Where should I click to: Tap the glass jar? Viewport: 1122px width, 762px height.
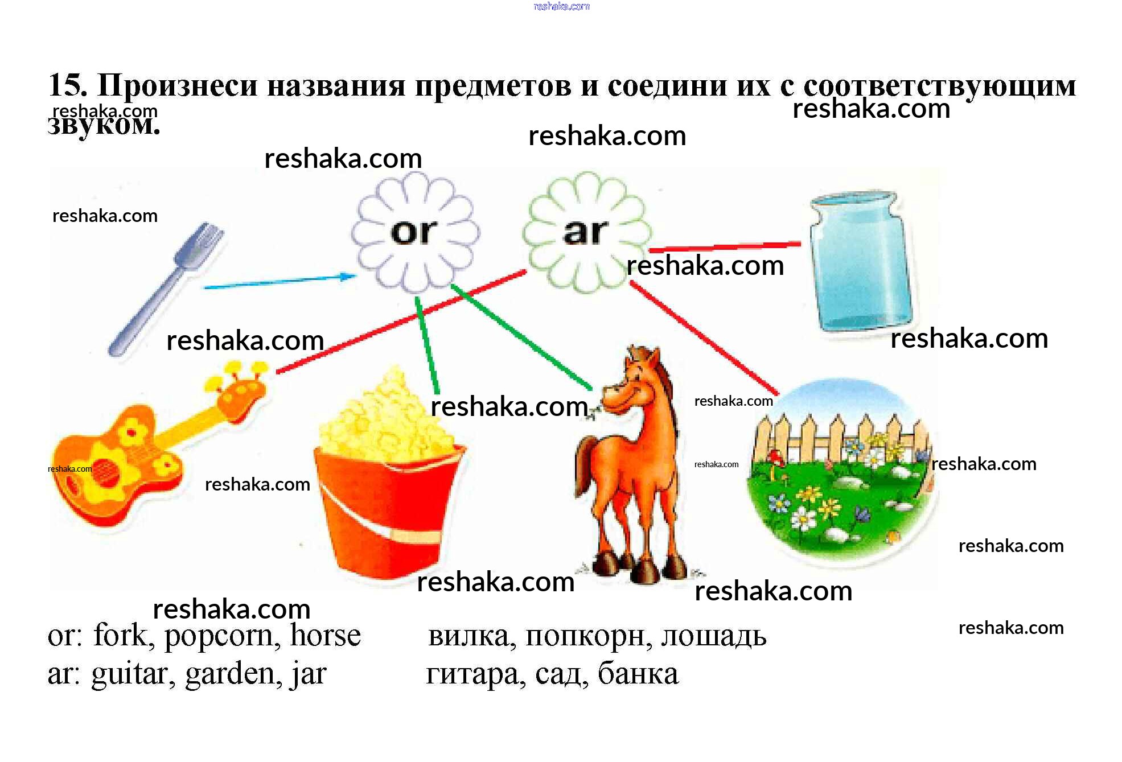tap(861, 262)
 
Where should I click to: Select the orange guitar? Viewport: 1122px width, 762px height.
tap(148, 450)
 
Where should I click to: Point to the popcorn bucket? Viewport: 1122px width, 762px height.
tap(387, 484)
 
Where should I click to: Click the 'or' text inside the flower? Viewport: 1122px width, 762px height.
tap(414, 232)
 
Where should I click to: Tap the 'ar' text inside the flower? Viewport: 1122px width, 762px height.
tap(586, 232)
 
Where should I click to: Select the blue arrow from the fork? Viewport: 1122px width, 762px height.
tap(279, 282)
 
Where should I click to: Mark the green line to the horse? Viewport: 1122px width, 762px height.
tap(521, 339)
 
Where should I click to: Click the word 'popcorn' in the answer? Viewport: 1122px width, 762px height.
tap(222, 636)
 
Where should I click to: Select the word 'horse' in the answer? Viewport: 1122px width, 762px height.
tap(325, 635)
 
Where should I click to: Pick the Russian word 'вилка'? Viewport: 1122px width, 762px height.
tap(471, 636)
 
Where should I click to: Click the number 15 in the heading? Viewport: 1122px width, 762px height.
tap(67, 85)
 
